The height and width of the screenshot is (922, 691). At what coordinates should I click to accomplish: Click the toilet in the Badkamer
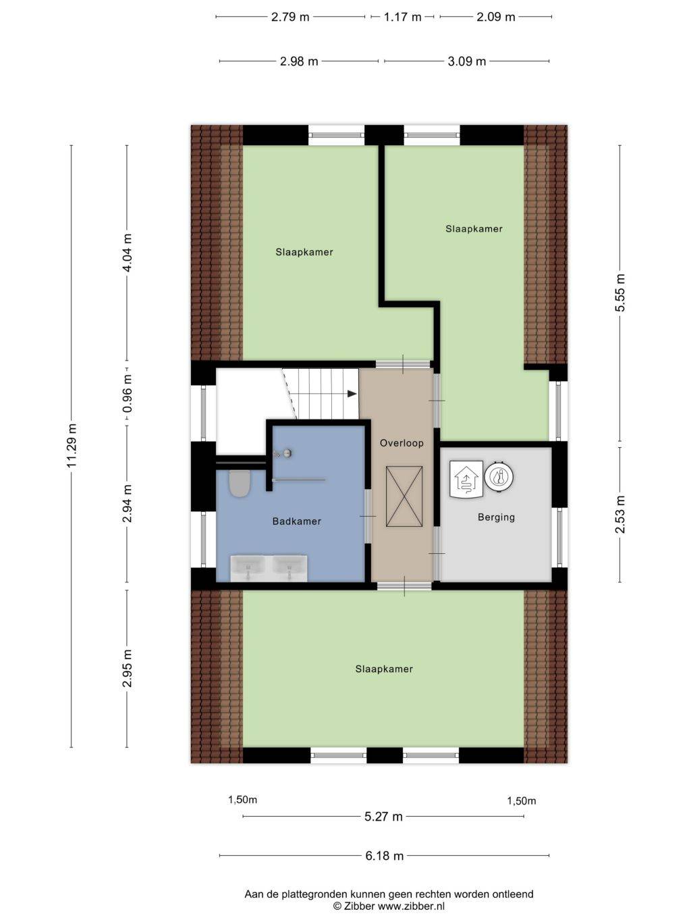coord(240,484)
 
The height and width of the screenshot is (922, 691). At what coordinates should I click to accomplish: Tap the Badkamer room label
coord(297,521)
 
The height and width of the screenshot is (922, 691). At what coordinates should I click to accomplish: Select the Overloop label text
coord(402,443)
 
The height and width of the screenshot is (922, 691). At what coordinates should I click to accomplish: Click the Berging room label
coord(497,517)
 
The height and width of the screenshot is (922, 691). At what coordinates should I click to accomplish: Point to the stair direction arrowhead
coord(352,394)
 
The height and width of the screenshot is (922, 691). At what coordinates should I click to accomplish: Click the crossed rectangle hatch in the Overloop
coord(404,496)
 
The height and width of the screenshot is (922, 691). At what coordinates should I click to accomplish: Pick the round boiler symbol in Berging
coord(499,477)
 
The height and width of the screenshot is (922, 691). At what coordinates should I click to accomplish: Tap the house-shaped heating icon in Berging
coord(466,480)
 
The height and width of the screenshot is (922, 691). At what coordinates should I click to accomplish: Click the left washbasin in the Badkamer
coord(248,567)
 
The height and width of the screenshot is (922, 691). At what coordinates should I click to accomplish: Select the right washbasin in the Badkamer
coord(289,567)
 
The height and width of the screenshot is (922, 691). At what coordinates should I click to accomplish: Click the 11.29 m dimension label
coord(72,445)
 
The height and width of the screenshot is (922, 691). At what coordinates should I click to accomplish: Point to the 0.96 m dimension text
coord(128,394)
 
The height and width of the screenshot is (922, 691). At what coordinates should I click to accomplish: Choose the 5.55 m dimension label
coord(620,292)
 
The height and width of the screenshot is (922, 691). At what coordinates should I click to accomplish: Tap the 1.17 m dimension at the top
coord(402,17)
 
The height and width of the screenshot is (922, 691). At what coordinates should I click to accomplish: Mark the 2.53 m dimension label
coord(620,514)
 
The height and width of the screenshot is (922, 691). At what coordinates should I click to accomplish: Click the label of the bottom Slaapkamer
coord(384,669)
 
